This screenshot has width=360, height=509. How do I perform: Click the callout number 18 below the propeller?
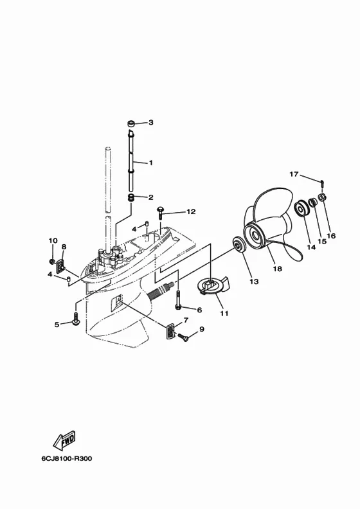click(278, 269)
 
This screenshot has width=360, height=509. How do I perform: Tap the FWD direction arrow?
click(64, 440)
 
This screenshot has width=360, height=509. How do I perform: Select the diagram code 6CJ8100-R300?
click(67, 458)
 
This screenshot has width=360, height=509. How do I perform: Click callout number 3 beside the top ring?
click(151, 122)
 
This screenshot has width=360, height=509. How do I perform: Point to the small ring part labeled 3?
click(131, 123)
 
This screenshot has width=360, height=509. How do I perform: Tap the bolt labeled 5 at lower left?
click(76, 319)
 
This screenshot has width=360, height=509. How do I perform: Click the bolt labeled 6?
click(178, 299)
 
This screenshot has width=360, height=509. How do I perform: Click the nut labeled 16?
click(322, 197)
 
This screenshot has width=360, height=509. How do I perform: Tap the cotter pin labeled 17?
click(322, 183)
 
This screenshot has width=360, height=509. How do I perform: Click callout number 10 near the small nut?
click(53, 240)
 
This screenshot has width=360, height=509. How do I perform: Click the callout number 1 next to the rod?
click(150, 163)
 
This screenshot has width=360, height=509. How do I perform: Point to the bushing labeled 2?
click(132, 197)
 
